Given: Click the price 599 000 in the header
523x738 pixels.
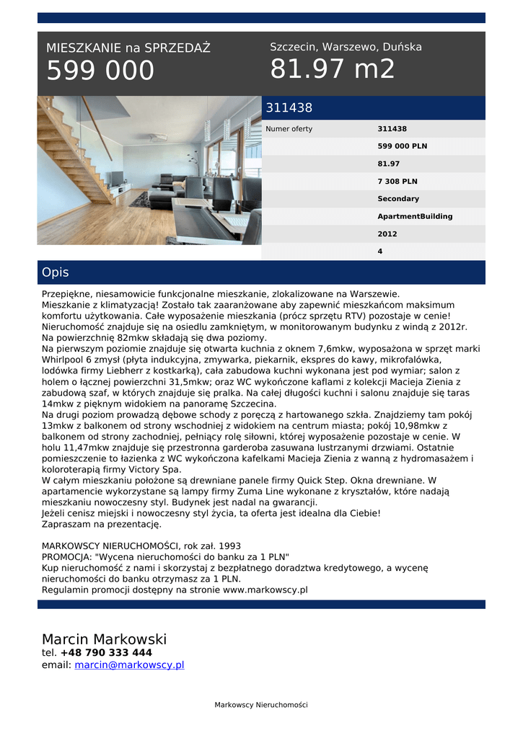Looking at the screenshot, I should [100, 71].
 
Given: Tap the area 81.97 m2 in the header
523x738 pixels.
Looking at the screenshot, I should [333, 69].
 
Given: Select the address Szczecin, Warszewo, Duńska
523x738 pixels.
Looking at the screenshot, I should [346, 47].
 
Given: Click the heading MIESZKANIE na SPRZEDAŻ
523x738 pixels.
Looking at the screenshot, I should [128, 48].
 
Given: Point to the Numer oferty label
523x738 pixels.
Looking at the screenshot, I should [289, 129].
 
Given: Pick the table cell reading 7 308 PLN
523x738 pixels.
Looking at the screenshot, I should [397, 182].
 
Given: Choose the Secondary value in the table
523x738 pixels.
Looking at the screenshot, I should [398, 199].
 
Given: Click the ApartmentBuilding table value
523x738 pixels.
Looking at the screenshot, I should [415, 216].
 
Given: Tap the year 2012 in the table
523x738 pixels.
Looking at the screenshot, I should [387, 234].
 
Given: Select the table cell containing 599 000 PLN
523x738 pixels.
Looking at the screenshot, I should [402, 146].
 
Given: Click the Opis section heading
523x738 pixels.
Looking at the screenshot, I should [56, 272].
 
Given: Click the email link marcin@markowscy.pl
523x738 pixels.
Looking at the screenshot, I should [129, 665].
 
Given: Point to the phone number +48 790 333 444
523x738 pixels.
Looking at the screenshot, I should [106, 653].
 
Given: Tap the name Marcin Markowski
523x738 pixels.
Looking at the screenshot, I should [104, 639].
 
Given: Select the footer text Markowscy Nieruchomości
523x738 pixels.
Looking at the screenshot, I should [261, 705].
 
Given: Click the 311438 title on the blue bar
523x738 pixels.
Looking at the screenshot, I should [289, 108].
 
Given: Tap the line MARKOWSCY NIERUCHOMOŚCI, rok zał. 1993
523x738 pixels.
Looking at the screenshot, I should [141, 546].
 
